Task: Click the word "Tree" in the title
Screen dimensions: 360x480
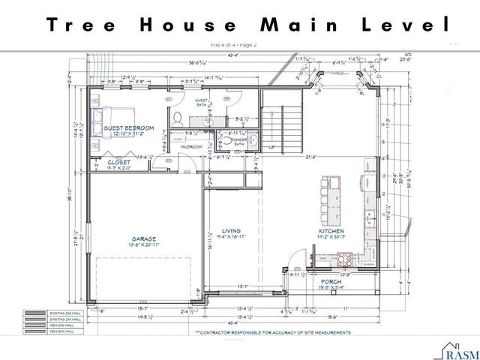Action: click(x=82, y=25)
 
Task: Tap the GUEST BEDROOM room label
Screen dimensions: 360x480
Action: click(x=128, y=128)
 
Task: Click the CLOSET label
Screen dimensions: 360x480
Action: click(x=118, y=161)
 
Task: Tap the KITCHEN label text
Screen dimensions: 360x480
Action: click(x=331, y=232)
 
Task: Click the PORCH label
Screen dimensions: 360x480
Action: click(x=331, y=282)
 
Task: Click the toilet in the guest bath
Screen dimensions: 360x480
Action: click(x=178, y=118)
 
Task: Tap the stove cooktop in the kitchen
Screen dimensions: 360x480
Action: click(x=346, y=261)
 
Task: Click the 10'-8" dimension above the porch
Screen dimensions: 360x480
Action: click(x=345, y=274)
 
